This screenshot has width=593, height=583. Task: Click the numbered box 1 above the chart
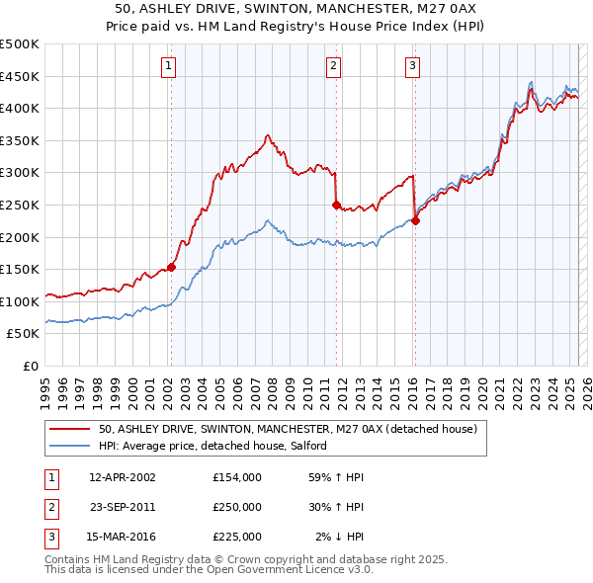point(170,66)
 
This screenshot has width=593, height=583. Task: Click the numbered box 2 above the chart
point(334,66)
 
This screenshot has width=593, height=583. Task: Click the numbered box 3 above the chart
point(412,66)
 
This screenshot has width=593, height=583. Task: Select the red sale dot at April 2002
point(171,266)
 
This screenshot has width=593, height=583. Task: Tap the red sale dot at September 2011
point(336,205)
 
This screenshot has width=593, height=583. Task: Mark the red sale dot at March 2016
point(415,220)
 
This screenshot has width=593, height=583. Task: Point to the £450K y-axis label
point(20,76)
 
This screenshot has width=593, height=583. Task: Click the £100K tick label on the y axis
point(20,301)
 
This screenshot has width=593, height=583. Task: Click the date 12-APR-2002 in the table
point(123,477)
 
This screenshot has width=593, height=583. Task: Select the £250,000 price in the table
point(237,507)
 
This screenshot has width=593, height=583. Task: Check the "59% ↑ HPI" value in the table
point(338,477)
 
